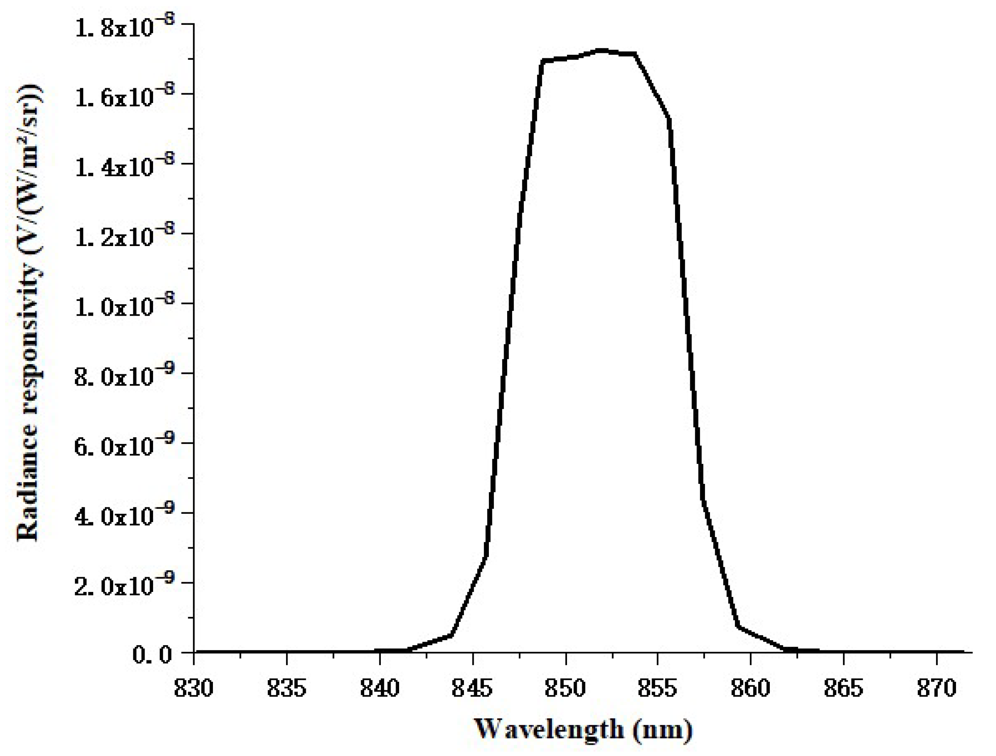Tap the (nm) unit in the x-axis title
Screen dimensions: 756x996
662,730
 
